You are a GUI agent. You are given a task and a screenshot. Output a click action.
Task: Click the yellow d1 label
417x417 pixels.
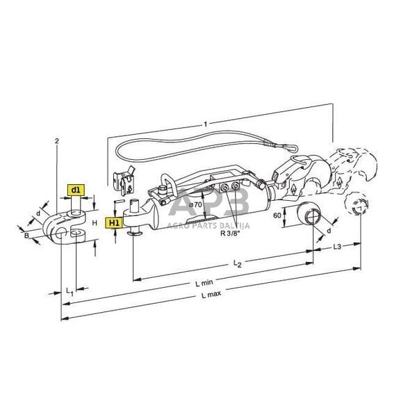tap(75, 189)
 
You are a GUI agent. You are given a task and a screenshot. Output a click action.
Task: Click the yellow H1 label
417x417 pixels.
tap(113, 222)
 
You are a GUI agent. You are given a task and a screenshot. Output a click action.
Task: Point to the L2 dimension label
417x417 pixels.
tap(236, 264)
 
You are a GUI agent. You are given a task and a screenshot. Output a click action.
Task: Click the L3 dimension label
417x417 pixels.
tap(336, 246)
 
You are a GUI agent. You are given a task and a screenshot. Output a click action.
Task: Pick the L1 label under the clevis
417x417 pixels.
tap(68, 291)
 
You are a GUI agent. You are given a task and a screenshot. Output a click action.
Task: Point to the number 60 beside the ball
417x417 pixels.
tap(278, 216)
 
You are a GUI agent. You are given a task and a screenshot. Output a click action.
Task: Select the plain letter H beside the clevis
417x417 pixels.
tap(94, 223)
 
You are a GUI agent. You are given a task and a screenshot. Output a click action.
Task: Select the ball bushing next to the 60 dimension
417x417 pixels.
tap(306, 218)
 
